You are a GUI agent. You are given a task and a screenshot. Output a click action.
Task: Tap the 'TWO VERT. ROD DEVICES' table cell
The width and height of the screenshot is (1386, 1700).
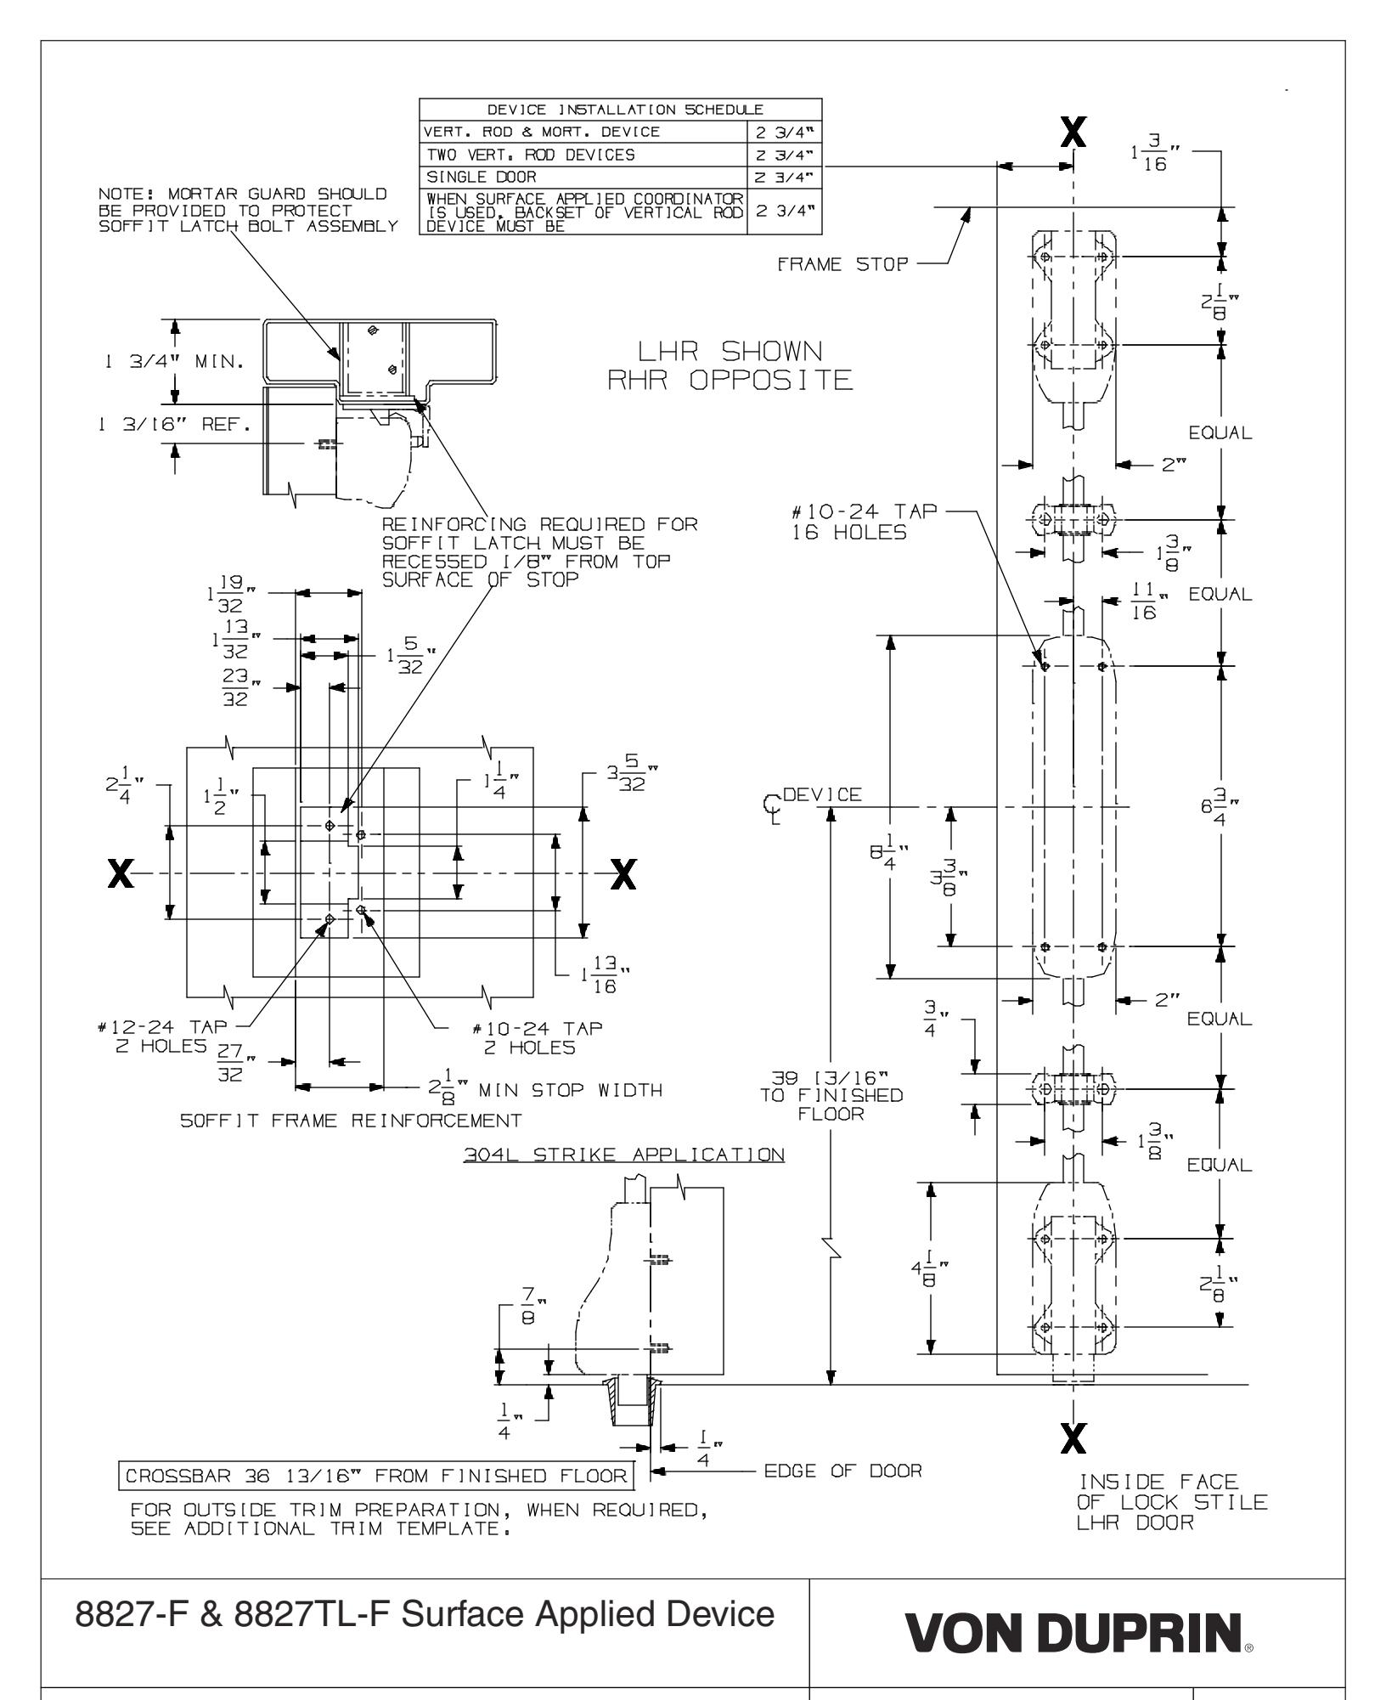pos(530,155)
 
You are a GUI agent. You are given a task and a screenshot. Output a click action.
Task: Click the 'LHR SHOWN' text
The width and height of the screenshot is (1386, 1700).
pos(730,351)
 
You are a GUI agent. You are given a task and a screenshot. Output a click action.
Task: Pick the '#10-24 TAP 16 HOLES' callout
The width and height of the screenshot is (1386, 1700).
pos(865,522)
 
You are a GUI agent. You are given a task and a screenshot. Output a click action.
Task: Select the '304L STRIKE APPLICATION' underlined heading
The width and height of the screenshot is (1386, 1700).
pos(623,1155)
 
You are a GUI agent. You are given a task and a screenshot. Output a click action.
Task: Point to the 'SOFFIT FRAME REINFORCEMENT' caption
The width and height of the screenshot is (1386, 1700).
pos(351,1120)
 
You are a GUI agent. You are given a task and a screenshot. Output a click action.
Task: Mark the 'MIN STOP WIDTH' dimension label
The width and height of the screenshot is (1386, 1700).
pos(569,1089)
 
